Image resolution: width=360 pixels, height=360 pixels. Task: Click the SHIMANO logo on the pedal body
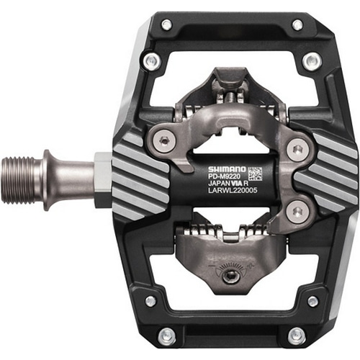227,169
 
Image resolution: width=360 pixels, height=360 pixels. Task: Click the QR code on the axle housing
255,174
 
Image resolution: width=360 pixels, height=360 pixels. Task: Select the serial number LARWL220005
233,190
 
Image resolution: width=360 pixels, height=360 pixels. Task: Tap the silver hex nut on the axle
103,179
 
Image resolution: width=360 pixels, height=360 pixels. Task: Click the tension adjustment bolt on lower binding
231,277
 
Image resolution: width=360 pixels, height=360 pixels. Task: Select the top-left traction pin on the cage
166,24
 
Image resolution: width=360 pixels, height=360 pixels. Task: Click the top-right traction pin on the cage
297,24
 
